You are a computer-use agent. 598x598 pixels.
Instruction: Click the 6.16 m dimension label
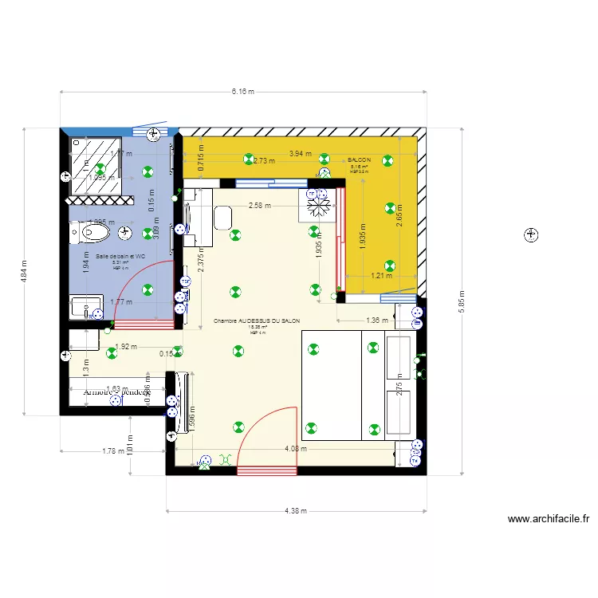242,92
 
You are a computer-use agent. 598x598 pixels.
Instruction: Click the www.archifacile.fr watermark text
549,519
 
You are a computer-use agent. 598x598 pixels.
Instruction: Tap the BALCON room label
359,160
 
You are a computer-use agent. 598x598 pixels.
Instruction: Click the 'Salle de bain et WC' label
120,256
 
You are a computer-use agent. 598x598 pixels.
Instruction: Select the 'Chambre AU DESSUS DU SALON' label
257,321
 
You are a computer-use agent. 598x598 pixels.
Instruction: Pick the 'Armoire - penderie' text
116,391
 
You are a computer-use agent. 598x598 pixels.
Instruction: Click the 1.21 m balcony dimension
382,276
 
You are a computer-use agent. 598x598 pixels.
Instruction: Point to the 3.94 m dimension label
300,154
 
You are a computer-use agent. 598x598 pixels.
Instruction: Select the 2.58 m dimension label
259,205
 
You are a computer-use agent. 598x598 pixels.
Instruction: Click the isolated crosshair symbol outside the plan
530,234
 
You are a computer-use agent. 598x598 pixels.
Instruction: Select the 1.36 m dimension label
376,321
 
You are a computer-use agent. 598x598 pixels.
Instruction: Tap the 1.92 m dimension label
126,347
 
